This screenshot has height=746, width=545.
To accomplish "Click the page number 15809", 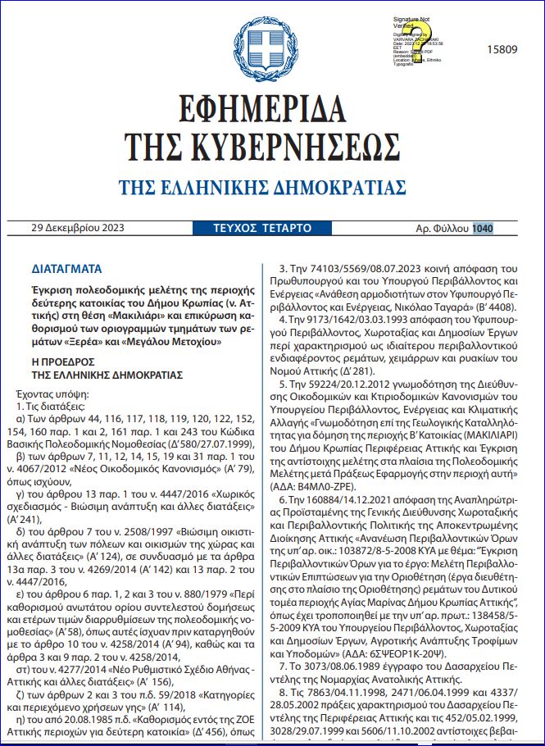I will tap(500, 49).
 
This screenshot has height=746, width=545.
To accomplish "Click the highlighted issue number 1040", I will tap(483, 227).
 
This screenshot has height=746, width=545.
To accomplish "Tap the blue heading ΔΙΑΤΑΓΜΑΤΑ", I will tap(66, 268).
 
